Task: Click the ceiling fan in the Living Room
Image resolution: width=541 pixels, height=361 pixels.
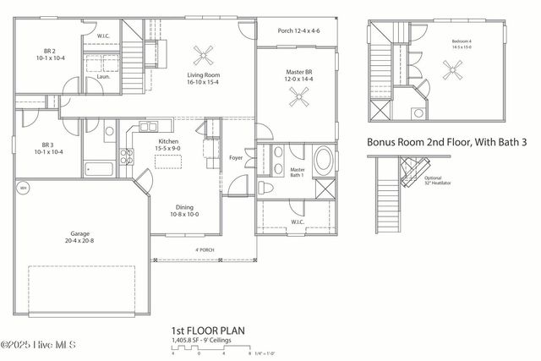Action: point(203,57)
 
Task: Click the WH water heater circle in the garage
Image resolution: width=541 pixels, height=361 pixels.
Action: point(24,189)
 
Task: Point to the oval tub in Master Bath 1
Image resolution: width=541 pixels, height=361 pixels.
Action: point(324,161)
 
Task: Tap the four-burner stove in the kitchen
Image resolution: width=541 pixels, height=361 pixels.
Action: point(126,156)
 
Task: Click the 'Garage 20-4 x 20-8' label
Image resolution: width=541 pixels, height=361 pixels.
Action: point(79,237)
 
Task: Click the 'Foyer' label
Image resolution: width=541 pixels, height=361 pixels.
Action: point(237,158)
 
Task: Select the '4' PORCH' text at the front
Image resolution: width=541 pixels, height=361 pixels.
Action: point(205,250)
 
